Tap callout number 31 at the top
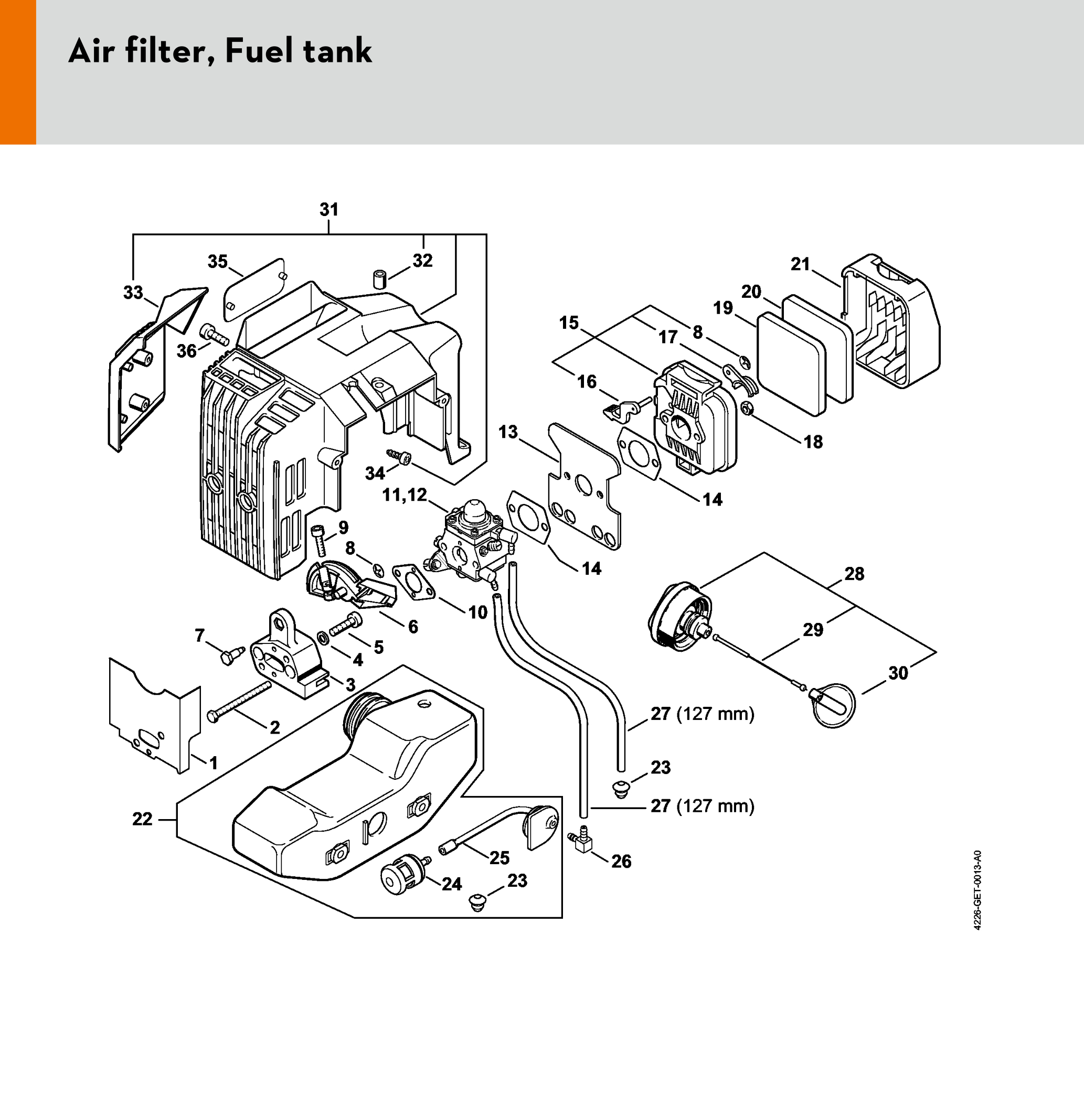point(330,210)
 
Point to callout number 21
point(800,264)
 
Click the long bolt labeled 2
point(240,701)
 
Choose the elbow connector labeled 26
point(582,843)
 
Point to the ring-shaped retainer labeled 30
point(834,705)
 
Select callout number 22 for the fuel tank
point(143,819)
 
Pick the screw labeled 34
point(400,457)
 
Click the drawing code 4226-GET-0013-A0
point(977,890)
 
